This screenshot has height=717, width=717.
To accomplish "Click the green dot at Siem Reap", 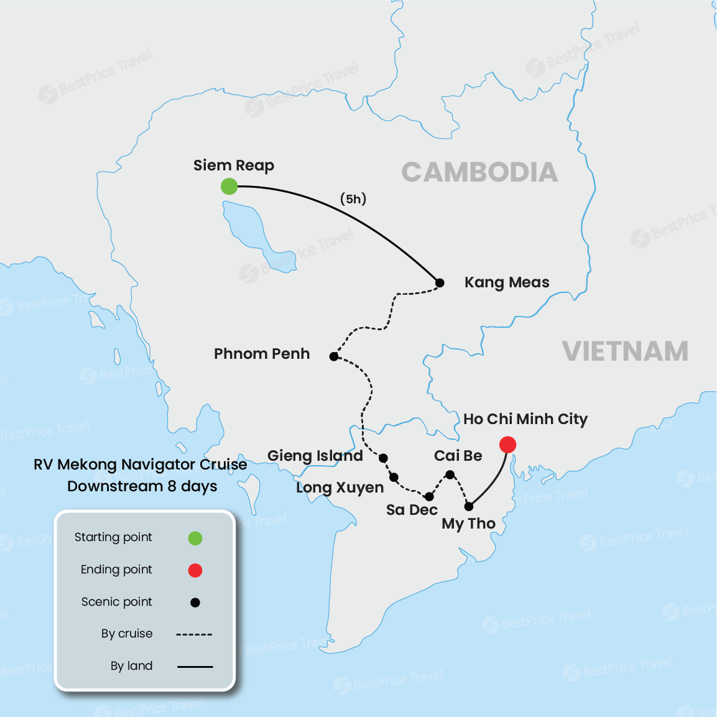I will (x=229, y=186).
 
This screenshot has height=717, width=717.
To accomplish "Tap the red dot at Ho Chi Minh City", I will (x=507, y=445).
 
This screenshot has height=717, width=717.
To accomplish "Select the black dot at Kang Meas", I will (x=440, y=283).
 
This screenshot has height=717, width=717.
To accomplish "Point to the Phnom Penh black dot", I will (x=334, y=356).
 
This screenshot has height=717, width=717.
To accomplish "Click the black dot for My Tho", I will (x=469, y=506).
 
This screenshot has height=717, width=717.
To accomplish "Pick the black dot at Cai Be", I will (x=450, y=474).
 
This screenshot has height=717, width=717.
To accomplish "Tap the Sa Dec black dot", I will (x=429, y=497).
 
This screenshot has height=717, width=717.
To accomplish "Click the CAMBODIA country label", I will (x=479, y=172).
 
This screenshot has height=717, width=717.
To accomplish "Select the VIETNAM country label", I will (x=625, y=351).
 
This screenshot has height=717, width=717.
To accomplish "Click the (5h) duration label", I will (x=353, y=199).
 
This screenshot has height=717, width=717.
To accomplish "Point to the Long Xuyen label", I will (x=340, y=488).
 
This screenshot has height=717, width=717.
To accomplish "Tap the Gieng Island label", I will (x=315, y=456).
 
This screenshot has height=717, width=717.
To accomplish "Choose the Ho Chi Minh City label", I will (x=525, y=419).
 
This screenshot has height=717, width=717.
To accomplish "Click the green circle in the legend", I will (x=195, y=538).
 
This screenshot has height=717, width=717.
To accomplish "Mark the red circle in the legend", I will (x=195, y=570).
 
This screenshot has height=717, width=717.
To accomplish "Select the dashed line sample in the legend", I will (x=194, y=634).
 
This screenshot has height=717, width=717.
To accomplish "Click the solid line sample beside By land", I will (x=195, y=667).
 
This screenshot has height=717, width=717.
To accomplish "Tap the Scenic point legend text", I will (x=117, y=602).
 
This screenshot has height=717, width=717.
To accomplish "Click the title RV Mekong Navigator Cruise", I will (x=141, y=465).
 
